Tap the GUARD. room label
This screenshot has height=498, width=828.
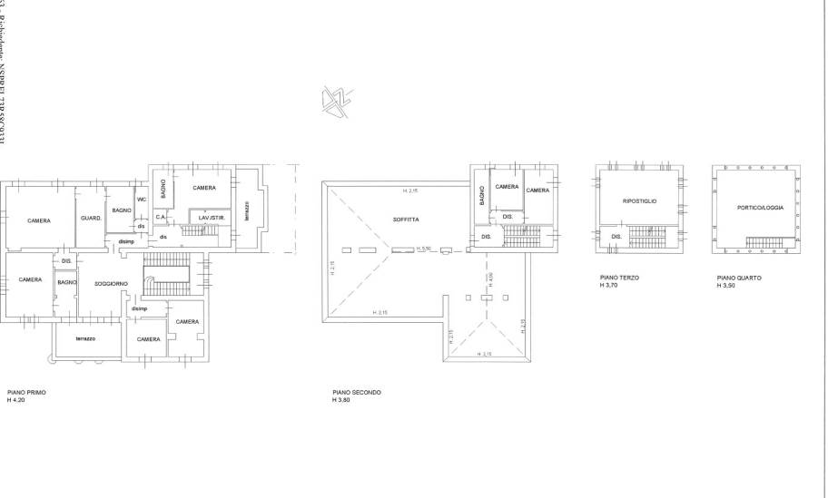[x=91, y=219]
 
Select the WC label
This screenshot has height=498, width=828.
[x=142, y=200]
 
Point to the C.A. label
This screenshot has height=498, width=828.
[x=160, y=217]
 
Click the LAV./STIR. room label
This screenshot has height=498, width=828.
[x=212, y=217]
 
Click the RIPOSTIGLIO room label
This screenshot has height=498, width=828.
[x=640, y=200]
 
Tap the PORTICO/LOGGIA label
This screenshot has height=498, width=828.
[x=759, y=208]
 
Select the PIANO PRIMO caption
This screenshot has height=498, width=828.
[x=26, y=392]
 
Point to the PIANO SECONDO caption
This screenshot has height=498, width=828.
[x=357, y=392]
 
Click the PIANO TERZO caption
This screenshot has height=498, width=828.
[x=619, y=278]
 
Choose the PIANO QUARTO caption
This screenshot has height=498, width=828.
[x=738, y=278]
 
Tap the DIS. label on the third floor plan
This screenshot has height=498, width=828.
[x=616, y=238]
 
